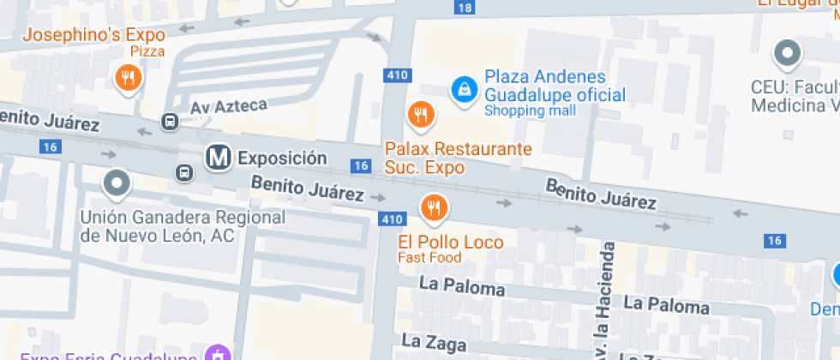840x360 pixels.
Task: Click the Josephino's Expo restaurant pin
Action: pos(128,81)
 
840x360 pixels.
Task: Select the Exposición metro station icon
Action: pos(219,157)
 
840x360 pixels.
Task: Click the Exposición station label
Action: pos(282,158)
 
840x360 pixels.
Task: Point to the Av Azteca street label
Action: pos(229,106)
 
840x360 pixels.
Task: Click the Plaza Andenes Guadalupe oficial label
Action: pos(555,86)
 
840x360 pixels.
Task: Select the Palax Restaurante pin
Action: pos(419,114)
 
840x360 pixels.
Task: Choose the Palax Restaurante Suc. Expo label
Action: pos(458,158)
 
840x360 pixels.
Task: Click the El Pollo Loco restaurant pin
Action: pos(433,207)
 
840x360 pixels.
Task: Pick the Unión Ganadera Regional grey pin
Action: pos(116,183)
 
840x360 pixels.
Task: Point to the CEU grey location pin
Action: pos(786,54)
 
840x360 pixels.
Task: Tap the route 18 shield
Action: pos(464,8)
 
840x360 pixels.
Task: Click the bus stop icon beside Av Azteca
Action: pos(170,122)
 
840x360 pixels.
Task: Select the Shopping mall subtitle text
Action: pos(525,111)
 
